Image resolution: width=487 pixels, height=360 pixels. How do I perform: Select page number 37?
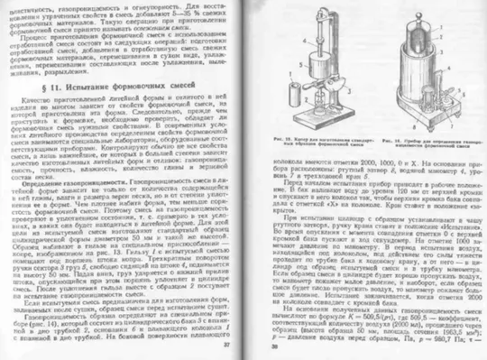(x=227, y=344)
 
